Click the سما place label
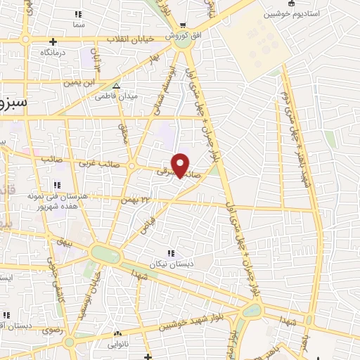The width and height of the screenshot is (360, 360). click(x=77, y=23)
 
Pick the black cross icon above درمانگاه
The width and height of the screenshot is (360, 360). click(x=26, y=40)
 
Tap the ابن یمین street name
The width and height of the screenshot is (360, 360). click(x=79, y=83)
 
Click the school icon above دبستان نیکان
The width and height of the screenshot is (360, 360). click(x=169, y=253)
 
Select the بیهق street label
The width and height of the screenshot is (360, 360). click(x=66, y=240)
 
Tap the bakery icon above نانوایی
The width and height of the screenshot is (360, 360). click(x=116, y=334)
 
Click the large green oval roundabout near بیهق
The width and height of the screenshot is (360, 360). click(x=105, y=255)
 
